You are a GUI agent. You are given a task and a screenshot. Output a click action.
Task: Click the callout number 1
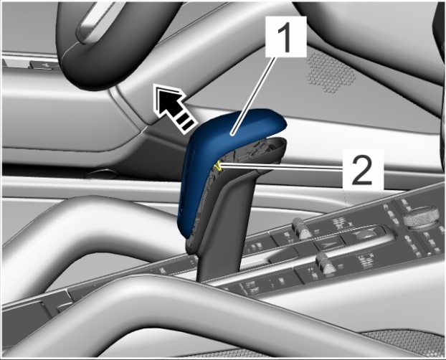tap(286, 36)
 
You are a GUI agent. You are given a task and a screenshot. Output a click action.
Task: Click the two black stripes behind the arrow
tap(186, 123)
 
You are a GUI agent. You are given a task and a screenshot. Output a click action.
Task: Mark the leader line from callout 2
tap(282, 167)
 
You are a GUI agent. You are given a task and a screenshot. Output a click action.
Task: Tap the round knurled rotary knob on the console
tap(420, 218)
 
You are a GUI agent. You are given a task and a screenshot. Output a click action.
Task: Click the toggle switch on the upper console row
tap(300, 228)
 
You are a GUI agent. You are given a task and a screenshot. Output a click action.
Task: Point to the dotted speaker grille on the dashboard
tap(331, 72)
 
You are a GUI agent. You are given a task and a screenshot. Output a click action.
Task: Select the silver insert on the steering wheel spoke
tap(90, 24)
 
